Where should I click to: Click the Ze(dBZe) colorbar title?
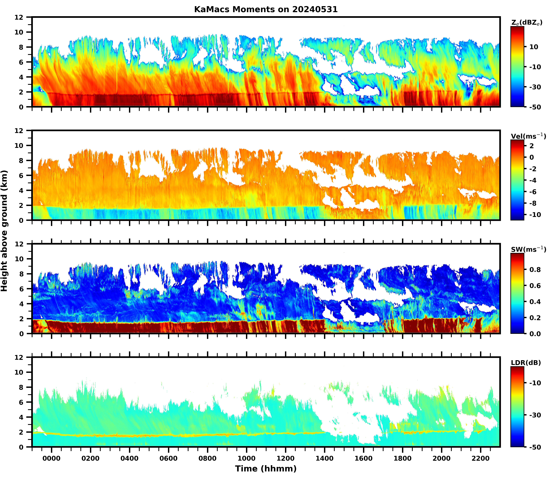[527, 23]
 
